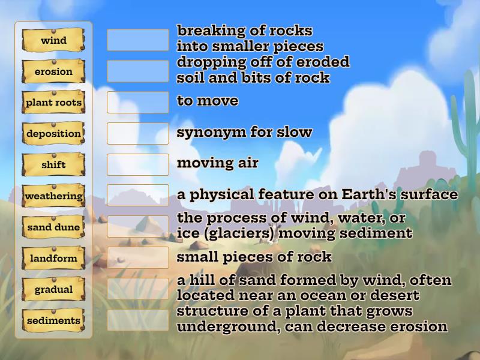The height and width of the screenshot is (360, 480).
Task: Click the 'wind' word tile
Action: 53,40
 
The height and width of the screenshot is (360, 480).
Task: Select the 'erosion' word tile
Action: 53,71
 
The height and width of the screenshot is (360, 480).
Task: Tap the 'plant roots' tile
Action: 53,103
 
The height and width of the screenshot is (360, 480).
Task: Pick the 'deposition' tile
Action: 53,134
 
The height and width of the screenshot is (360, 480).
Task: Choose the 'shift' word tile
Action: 53,165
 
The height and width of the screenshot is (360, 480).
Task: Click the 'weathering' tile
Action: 53,196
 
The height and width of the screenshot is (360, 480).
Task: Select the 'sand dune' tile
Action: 53,227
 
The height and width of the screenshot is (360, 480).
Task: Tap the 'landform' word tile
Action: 53,259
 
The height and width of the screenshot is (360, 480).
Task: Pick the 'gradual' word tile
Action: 53,290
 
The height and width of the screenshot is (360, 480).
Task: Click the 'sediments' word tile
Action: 53,321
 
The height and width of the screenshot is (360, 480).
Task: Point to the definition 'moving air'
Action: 217,163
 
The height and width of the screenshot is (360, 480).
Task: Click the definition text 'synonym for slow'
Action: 244,132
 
